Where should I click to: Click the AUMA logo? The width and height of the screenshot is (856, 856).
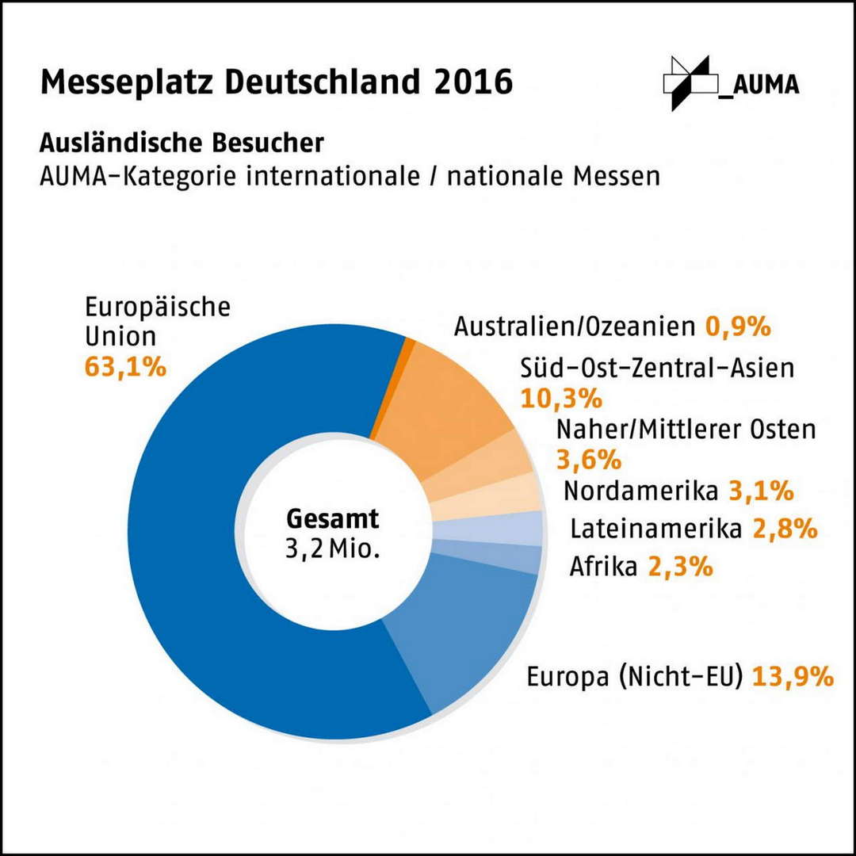[x=732, y=83]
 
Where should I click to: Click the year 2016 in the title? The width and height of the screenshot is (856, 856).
[x=473, y=82]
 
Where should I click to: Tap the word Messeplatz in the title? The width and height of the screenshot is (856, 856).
[x=126, y=83]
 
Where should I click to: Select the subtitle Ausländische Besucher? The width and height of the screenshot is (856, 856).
[x=182, y=143]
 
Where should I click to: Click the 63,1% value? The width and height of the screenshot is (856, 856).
[x=125, y=368]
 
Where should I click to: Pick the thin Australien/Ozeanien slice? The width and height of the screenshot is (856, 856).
[x=392, y=388]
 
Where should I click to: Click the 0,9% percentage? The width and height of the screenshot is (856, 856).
[x=738, y=327]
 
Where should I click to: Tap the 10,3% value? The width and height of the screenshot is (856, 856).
[x=561, y=399]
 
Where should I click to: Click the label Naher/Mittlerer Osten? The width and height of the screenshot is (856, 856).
[x=686, y=430]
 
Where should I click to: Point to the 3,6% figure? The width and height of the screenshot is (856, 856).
[x=589, y=460]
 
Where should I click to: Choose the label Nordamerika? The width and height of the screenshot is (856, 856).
[x=641, y=491]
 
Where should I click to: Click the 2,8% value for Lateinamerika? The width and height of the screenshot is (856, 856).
[x=785, y=529]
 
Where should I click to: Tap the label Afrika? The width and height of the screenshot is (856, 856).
[x=603, y=567]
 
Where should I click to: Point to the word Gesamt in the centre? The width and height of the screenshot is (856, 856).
[x=332, y=518]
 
